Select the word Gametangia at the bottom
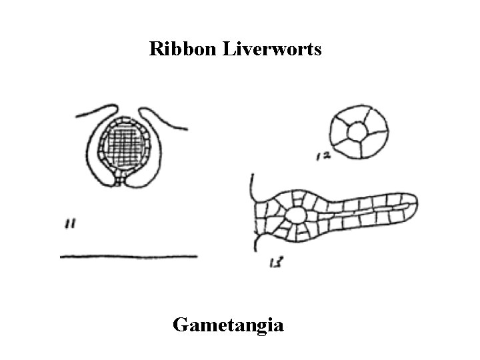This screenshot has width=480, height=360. pyautogui.click(x=228, y=325)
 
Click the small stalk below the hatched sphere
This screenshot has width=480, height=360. pyautogui.click(x=120, y=178)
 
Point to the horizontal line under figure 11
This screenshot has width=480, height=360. pyautogui.click(x=128, y=256)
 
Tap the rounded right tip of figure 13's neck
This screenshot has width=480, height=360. pyautogui.click(x=412, y=203)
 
